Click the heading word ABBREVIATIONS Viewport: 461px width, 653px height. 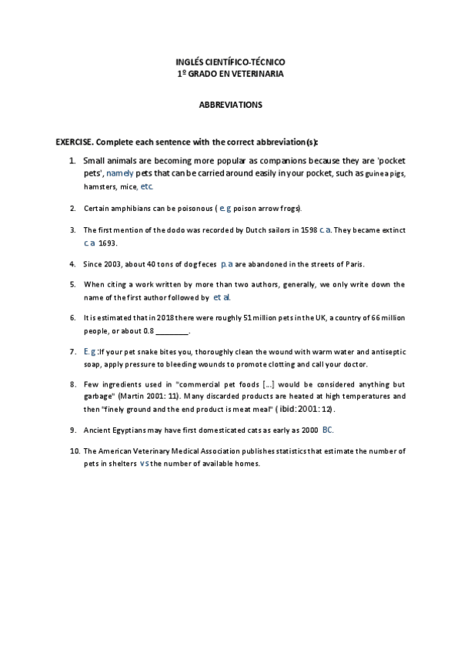[x=230, y=103]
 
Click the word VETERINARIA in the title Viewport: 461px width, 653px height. [x=259, y=74]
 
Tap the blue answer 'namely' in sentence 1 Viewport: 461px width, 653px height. [x=119, y=173]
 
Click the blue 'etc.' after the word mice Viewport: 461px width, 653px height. [x=147, y=186]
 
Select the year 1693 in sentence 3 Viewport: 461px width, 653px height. [x=108, y=243]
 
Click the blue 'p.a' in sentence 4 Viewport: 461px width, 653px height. [x=227, y=263]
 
